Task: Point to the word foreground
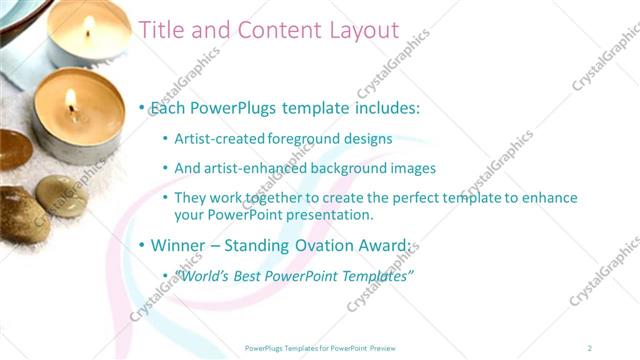[x=307, y=140]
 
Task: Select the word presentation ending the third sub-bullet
[x=329, y=214]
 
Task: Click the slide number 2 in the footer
[x=589, y=347]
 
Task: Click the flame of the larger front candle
[x=70, y=100]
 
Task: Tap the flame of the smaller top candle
[x=87, y=24]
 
